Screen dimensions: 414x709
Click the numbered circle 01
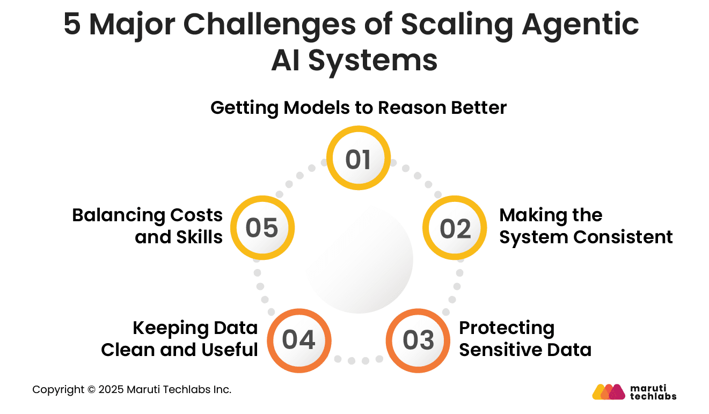point(359,158)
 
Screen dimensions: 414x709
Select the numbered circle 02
point(455,228)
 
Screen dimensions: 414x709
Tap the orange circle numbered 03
point(418,340)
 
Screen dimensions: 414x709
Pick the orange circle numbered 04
point(299,340)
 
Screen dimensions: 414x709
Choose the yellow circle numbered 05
point(262,228)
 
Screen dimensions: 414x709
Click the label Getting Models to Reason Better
point(358,108)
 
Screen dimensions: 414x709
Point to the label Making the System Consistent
point(586,226)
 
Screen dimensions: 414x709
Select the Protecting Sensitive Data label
point(525,339)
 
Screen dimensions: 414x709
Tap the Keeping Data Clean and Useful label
point(180,339)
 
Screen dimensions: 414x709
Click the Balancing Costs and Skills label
point(148,226)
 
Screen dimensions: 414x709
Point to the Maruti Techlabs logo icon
point(609,392)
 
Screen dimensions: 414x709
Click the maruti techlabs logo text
point(653,392)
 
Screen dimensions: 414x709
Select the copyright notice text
point(132,390)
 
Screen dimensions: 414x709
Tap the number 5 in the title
point(72,25)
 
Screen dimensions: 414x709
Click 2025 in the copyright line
point(112,390)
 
